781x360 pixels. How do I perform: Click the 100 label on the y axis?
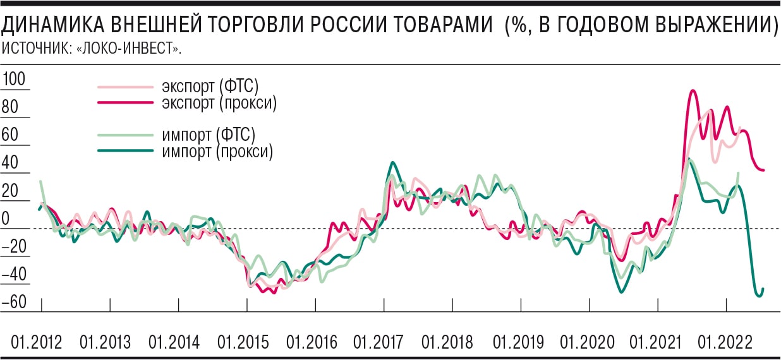[14, 80]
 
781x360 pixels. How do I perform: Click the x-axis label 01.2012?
[37, 343]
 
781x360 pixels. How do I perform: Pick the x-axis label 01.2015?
[243, 343]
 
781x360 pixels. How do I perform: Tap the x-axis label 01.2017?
[379, 343]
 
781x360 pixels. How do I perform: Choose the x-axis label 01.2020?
[587, 343]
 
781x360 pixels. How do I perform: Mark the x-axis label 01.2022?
[725, 343]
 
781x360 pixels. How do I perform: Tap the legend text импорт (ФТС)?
[209, 135]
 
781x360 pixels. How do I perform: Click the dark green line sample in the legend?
[125, 150]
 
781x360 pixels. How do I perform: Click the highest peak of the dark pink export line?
[693, 90]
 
